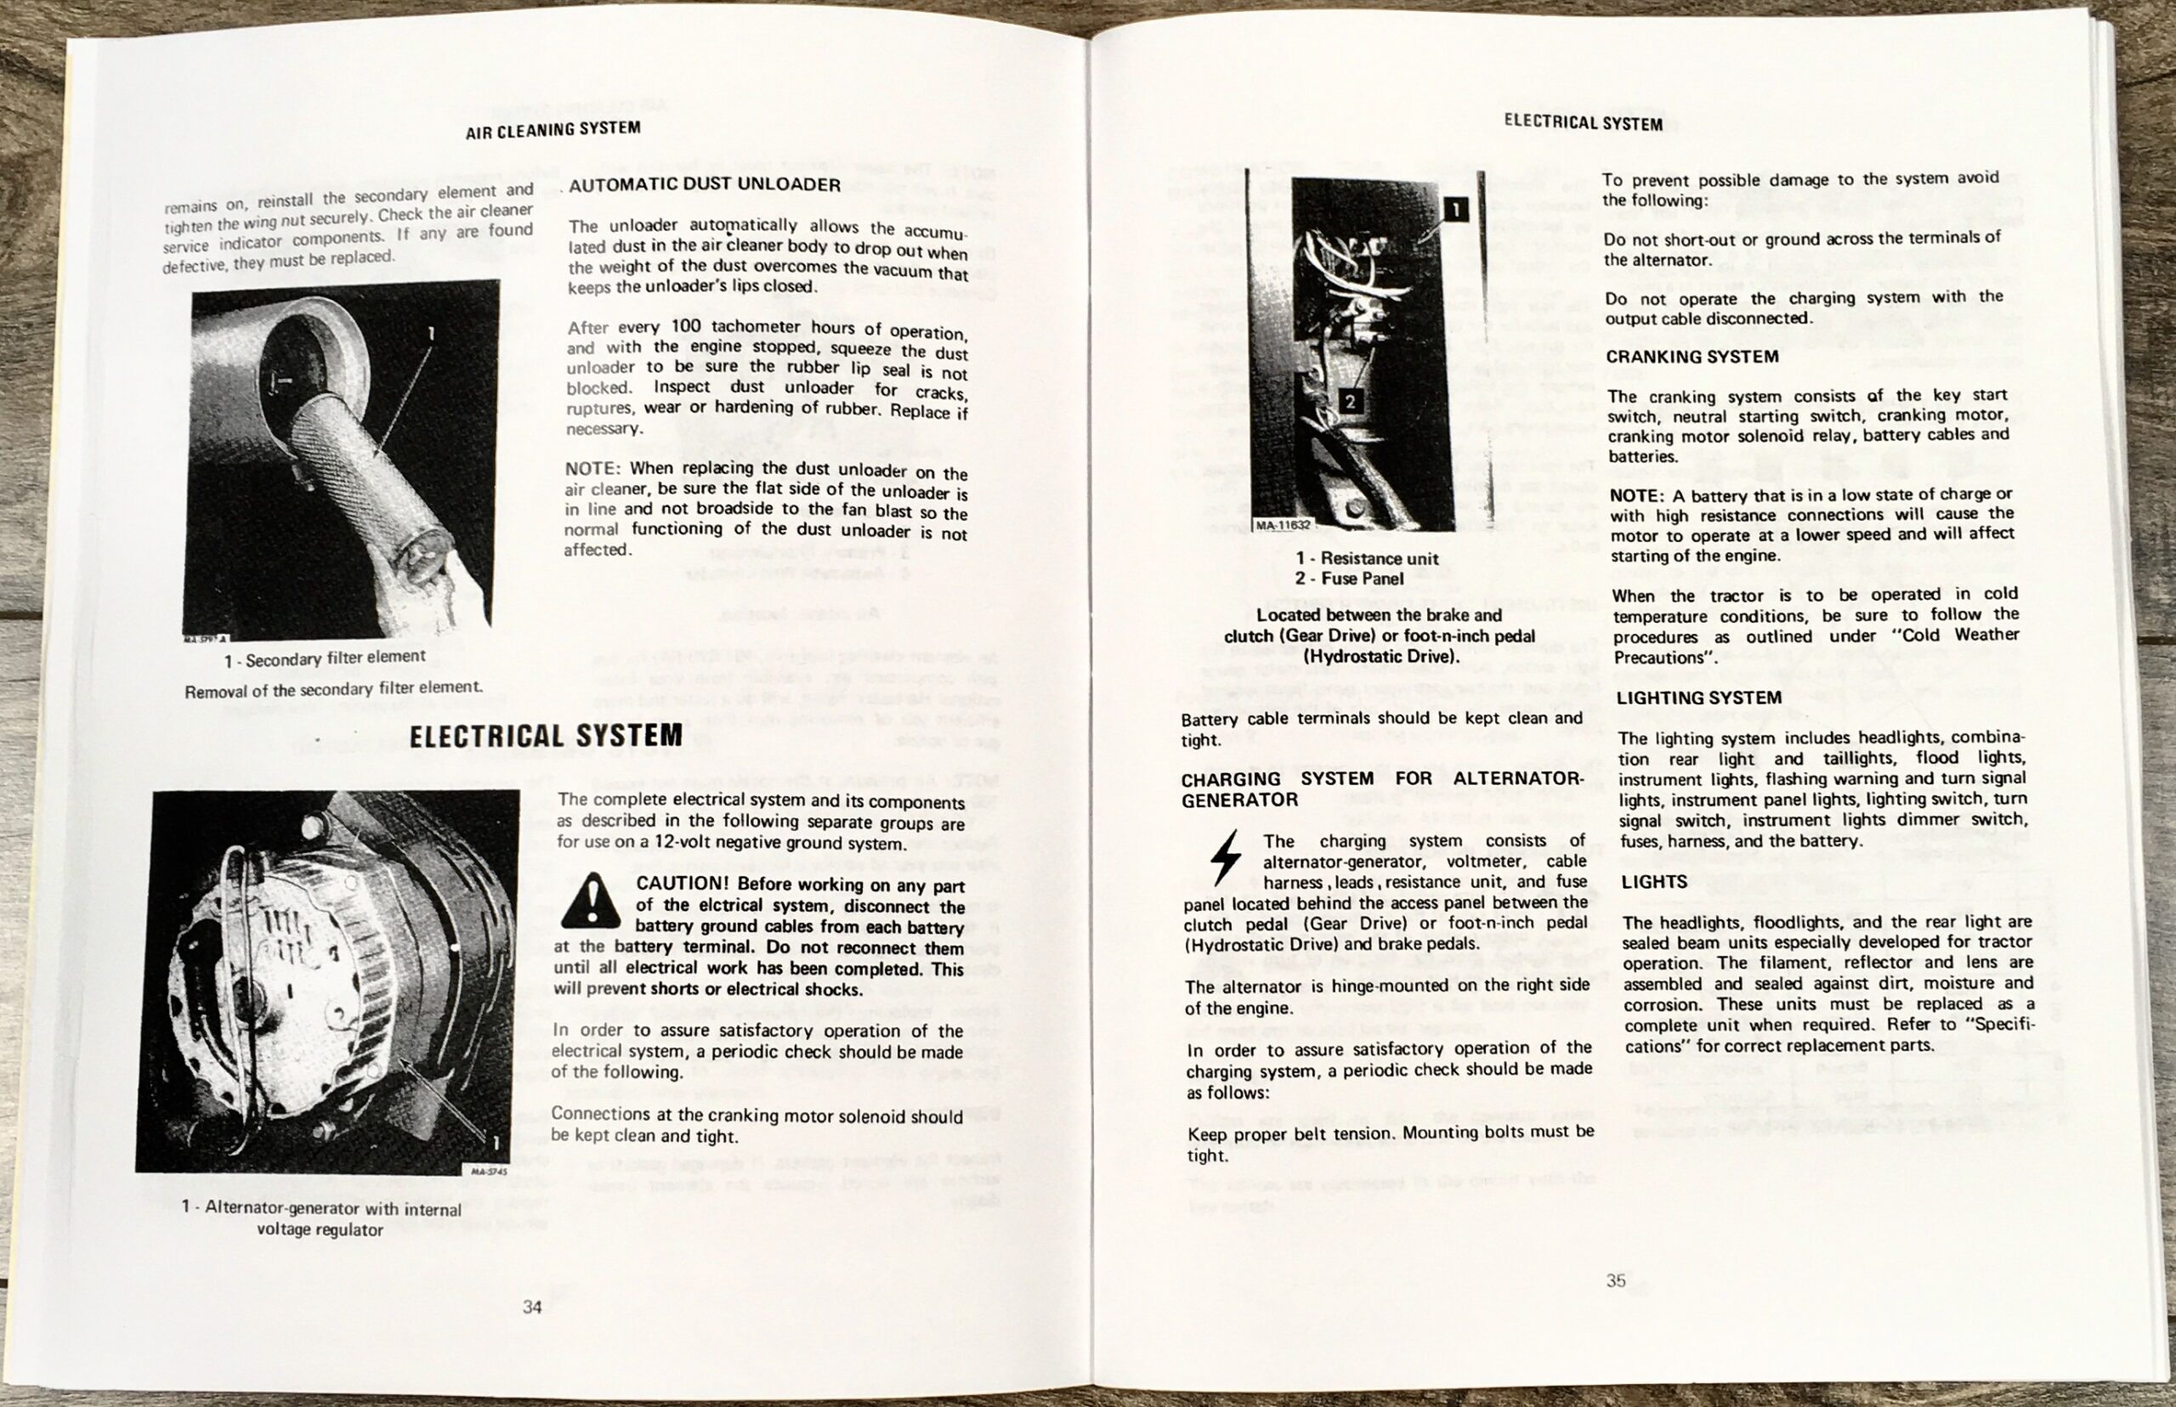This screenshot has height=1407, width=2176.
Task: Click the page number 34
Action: [532, 1308]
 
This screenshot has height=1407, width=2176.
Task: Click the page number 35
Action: [1616, 1281]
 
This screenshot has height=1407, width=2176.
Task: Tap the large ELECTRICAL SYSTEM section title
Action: [546, 737]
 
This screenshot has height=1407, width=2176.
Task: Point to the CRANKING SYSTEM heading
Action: [1691, 357]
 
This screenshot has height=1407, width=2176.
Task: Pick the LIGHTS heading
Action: [1654, 883]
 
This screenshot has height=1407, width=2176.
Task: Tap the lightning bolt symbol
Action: [1225, 857]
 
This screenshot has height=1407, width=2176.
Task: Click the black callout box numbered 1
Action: [1455, 210]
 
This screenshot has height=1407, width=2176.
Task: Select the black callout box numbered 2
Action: [1350, 401]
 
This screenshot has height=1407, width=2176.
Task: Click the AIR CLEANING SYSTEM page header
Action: [552, 130]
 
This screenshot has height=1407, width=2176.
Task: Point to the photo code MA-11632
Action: [1282, 526]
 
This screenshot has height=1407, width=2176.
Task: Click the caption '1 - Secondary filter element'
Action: [325, 658]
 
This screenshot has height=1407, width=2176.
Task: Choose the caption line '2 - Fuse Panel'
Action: [1348, 579]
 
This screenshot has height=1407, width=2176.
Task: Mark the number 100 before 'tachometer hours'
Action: [685, 327]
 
